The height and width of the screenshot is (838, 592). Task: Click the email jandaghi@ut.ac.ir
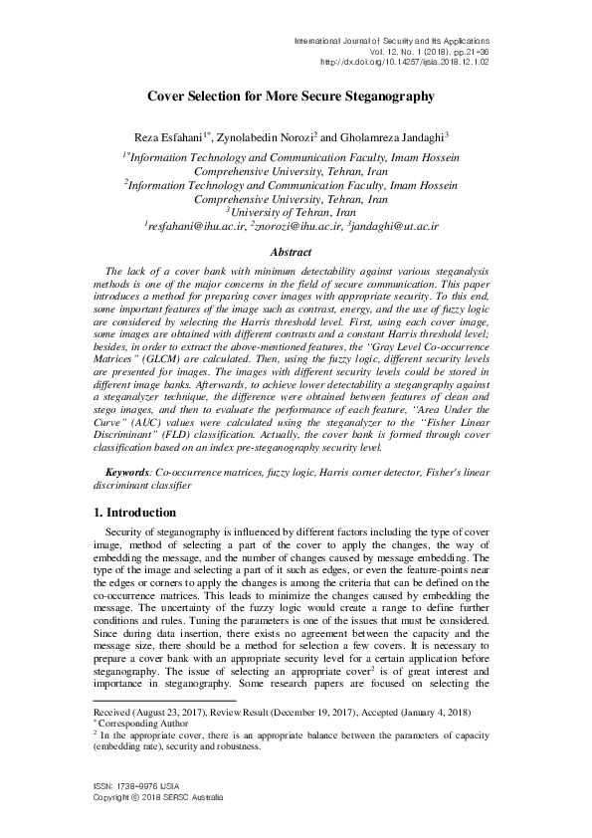pyautogui.click(x=392, y=228)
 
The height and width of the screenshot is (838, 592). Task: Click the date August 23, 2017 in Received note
pyautogui.click(x=180, y=713)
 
